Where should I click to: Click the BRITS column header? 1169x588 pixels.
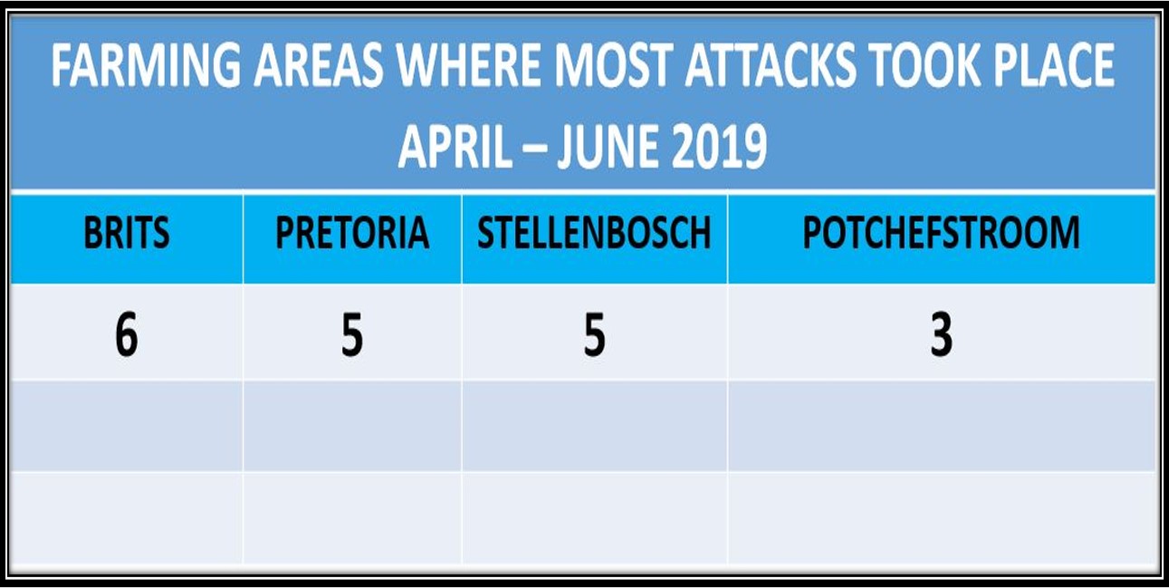click(127, 233)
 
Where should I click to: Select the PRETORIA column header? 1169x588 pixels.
click(352, 233)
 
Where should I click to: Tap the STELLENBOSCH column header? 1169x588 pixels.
click(594, 233)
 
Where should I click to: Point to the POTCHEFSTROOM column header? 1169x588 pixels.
click(941, 233)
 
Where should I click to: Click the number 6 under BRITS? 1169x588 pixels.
click(127, 334)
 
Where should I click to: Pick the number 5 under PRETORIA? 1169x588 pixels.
click(352, 334)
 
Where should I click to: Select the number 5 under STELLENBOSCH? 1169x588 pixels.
click(594, 334)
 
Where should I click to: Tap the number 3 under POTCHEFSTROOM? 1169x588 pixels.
click(942, 334)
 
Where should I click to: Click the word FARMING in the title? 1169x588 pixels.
click(146, 65)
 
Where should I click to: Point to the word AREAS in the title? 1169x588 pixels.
click(319, 65)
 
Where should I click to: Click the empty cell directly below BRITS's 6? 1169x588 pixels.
click(127, 426)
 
